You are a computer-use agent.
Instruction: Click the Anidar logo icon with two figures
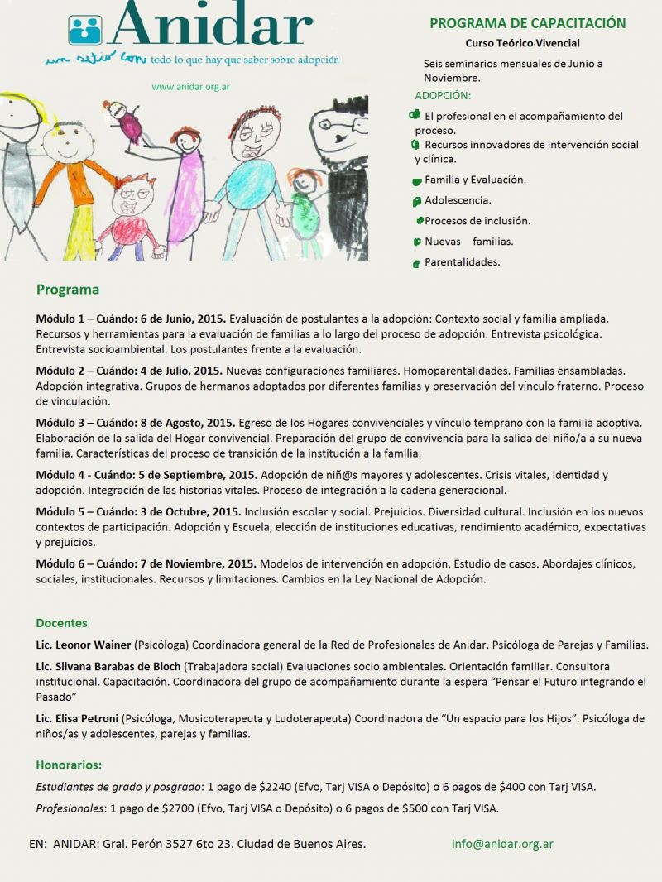tap(84, 29)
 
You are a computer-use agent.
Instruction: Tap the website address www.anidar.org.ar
tap(191, 86)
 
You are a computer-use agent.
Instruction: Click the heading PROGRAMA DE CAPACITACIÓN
tap(528, 23)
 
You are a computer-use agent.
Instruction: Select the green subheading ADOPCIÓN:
tap(443, 96)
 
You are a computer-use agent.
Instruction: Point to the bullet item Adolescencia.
tap(458, 200)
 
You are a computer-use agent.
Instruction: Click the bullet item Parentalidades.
tap(462, 262)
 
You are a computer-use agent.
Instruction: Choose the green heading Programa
tap(68, 290)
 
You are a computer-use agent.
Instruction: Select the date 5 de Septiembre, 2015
tap(207, 475)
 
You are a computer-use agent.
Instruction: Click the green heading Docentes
tap(61, 623)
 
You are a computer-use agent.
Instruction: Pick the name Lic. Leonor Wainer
tap(84, 645)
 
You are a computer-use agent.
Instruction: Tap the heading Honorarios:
tap(69, 765)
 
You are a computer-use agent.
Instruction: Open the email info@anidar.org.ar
tap(502, 844)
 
